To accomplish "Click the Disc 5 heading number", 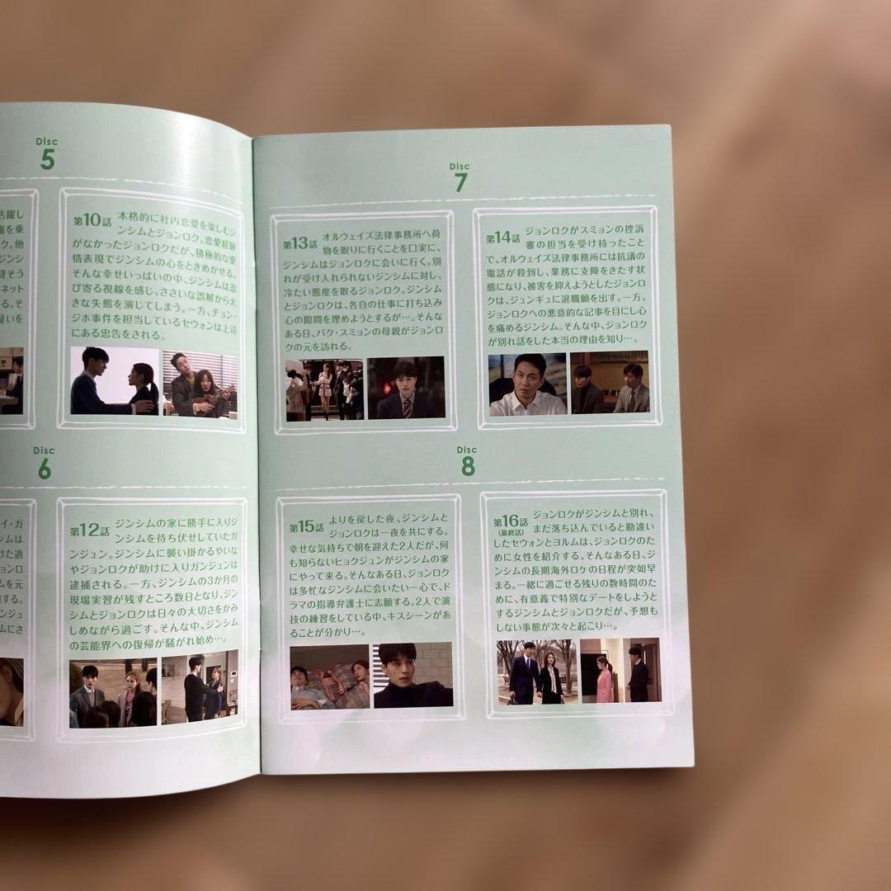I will (x=47, y=159).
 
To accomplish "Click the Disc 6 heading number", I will (x=44, y=469).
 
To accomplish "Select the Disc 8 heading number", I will (x=468, y=467).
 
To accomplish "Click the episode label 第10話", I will (x=92, y=220).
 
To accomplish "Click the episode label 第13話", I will (x=300, y=243).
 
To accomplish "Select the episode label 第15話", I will (x=306, y=526).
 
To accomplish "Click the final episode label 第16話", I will (x=511, y=522).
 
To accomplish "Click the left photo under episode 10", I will (x=114, y=381).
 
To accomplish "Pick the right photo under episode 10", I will (x=200, y=383).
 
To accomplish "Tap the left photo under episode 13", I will (x=324, y=389).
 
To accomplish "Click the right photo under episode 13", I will (x=406, y=388).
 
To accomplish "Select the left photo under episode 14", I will (x=527, y=384).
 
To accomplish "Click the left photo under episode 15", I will (x=329, y=676).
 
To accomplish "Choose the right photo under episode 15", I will (x=412, y=675).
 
